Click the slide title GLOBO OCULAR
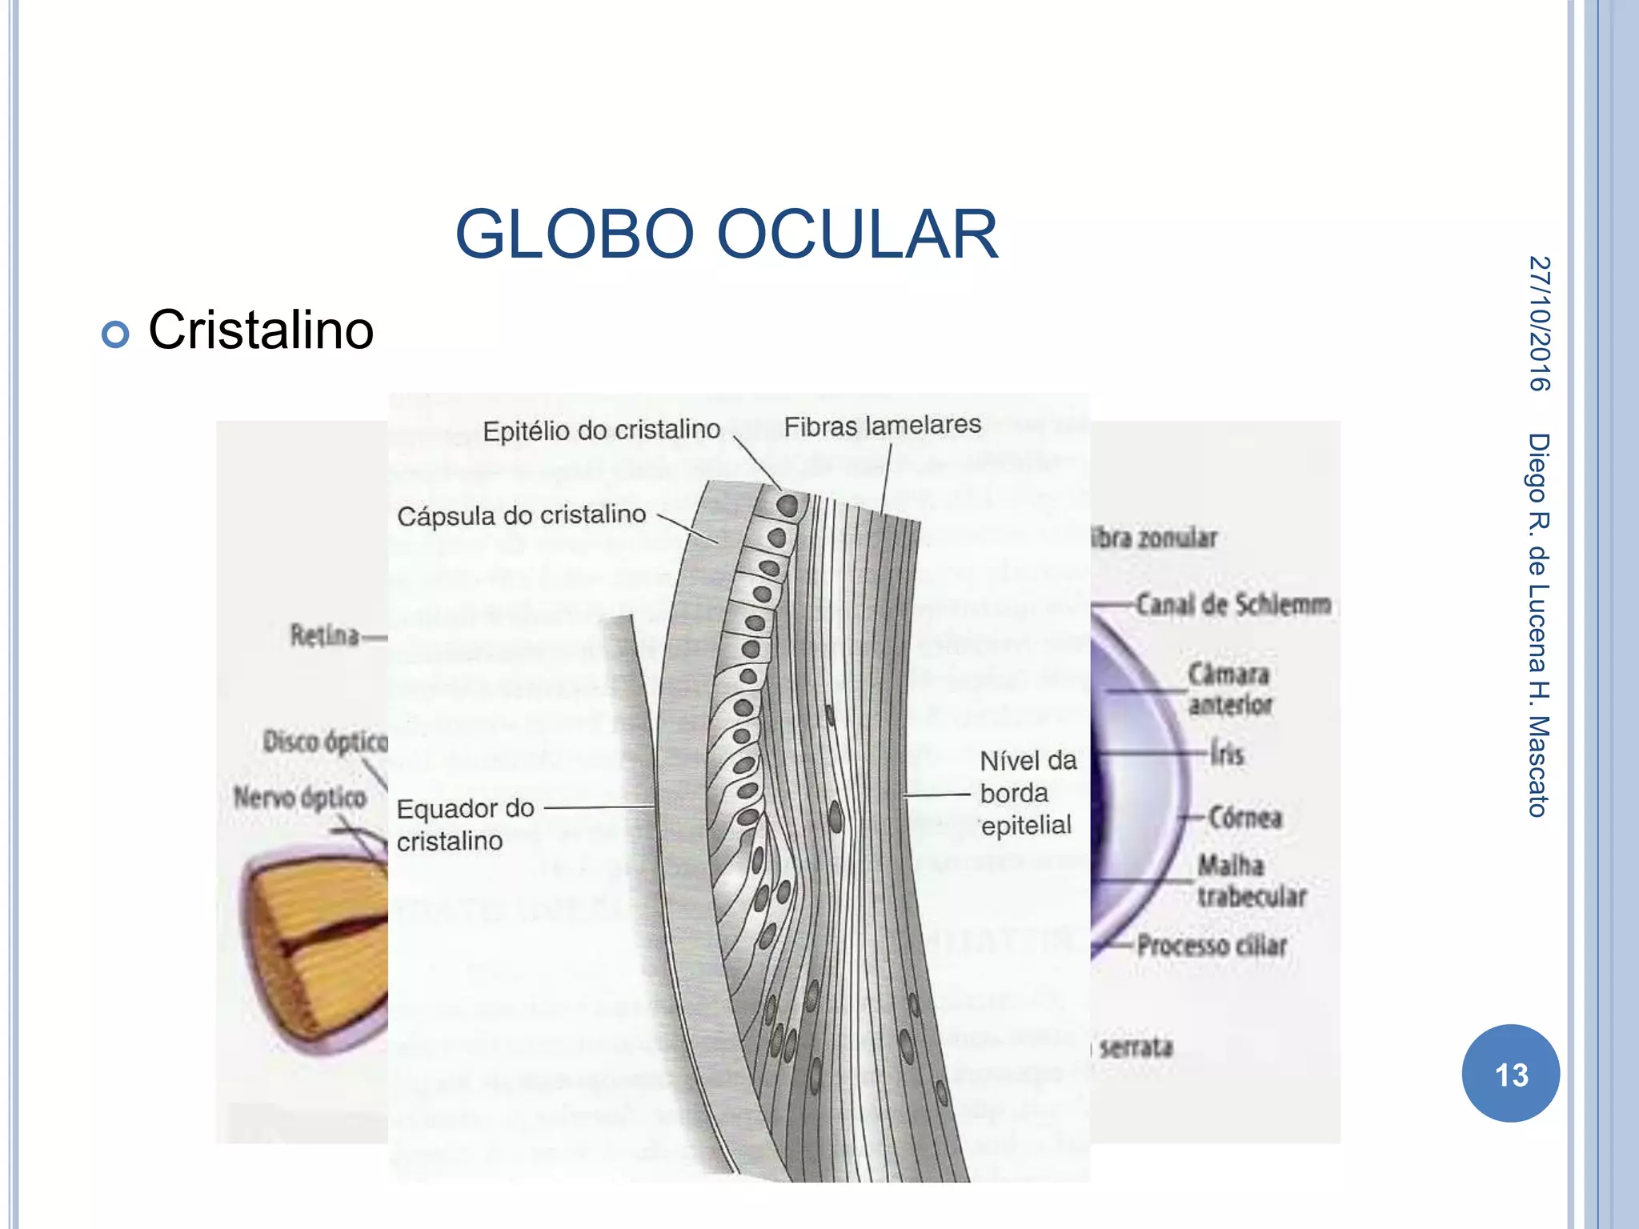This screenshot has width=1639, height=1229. pos(727,234)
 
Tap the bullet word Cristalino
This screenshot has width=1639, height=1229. pos(261,330)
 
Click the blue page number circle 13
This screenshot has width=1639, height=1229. pos(1510,1074)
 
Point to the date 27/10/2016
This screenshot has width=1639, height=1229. pos(1539,323)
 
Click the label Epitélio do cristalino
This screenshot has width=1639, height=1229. pos(601,430)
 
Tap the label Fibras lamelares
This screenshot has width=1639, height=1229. pos(882,426)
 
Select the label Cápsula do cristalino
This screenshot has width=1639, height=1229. pos(521,515)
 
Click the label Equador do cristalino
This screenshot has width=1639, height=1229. pos(465,824)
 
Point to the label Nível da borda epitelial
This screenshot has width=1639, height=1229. pos(1028,793)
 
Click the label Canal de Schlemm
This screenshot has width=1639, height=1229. pos(1233,605)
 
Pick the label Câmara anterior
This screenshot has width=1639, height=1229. pos(1229,689)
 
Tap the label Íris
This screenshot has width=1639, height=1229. pos(1227,754)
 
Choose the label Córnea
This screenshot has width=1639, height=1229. pos(1245,817)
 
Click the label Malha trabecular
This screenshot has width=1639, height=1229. pos(1251,881)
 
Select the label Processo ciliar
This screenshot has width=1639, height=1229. pos(1212,946)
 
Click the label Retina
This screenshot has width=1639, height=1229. pos(324,636)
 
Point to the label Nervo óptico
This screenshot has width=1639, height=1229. pos(300,798)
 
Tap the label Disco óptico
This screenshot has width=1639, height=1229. pos(325,742)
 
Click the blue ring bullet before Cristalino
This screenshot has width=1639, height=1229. pos(115,334)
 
